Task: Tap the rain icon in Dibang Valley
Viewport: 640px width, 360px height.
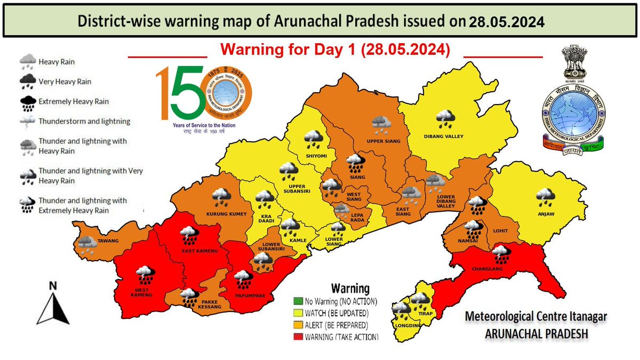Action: click(444, 119)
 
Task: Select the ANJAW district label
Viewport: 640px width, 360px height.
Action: click(546, 215)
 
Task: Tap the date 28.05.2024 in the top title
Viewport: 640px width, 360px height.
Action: click(507, 22)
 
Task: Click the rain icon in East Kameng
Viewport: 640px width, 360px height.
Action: click(187, 235)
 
